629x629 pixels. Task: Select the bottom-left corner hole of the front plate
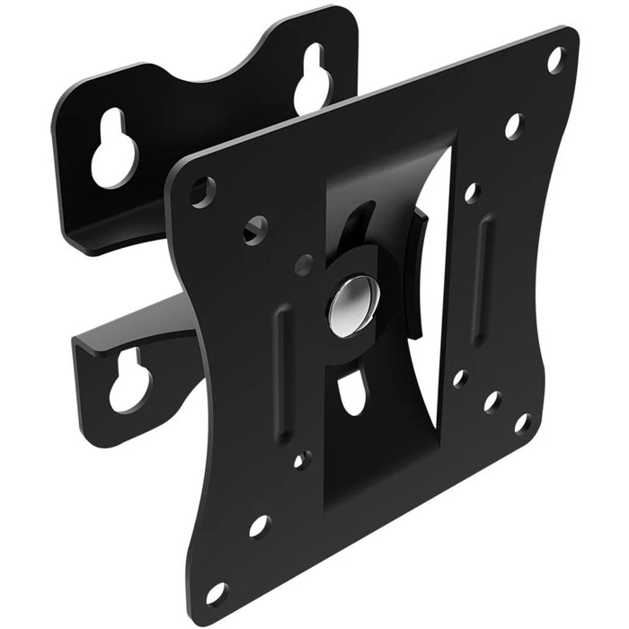217,593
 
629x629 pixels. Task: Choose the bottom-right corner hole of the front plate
522,422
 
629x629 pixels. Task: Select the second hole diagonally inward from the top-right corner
514,125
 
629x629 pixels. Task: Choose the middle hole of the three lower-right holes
492,401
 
